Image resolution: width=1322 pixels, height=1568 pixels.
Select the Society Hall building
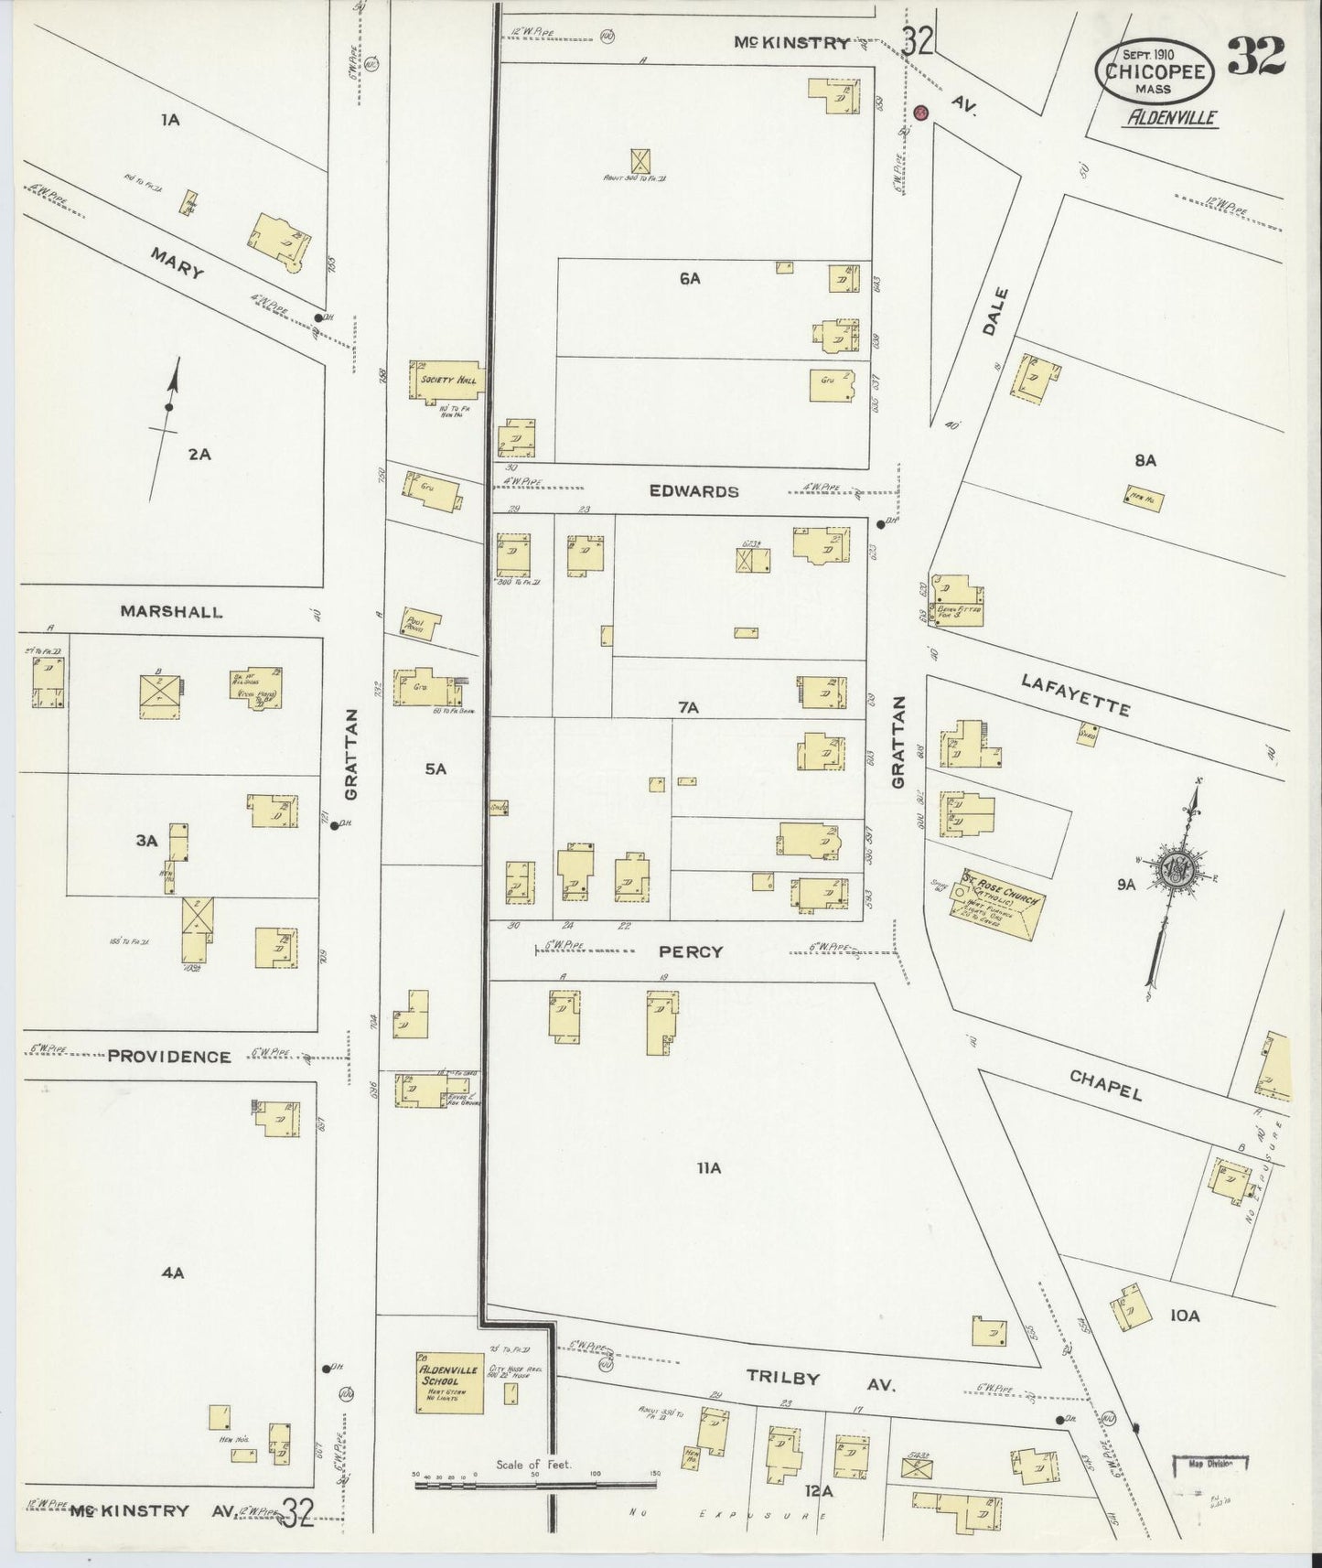tap(446, 380)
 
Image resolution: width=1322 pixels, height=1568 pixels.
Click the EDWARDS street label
tap(693, 491)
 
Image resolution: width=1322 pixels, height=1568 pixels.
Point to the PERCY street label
tap(691, 951)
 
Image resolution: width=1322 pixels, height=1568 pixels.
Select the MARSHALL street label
tap(171, 612)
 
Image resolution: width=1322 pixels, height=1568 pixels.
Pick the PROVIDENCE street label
tap(169, 1057)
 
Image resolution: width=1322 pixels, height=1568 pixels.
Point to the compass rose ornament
tap(1174, 868)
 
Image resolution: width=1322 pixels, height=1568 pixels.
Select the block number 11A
tap(709, 1168)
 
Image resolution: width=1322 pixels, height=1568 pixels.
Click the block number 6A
tap(689, 279)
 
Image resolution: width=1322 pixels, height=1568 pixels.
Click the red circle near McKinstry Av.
tap(921, 113)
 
